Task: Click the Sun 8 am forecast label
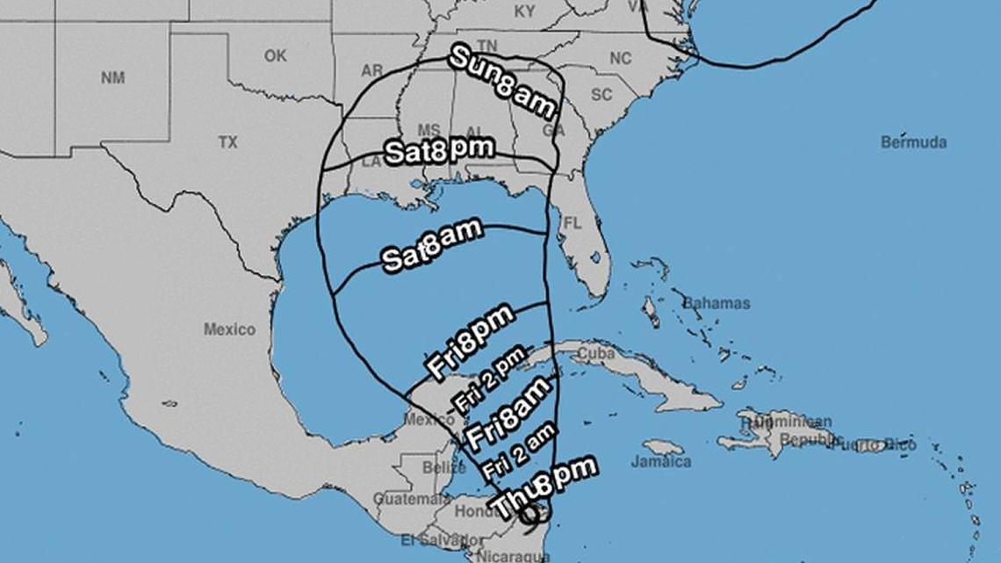[x=502, y=83]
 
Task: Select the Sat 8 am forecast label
[x=431, y=245]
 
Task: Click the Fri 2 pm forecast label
[x=489, y=379]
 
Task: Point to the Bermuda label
[x=913, y=142]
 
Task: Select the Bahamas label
[x=717, y=303]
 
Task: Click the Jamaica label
[x=660, y=461]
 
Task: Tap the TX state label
[x=227, y=142]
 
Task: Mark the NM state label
[x=112, y=77]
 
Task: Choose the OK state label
[x=275, y=55]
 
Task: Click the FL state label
[x=572, y=224]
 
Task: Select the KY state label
[x=524, y=11]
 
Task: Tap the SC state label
[x=601, y=95]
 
